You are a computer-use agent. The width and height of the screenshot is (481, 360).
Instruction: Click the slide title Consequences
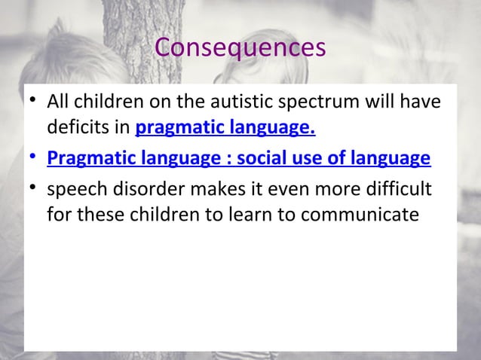240,47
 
